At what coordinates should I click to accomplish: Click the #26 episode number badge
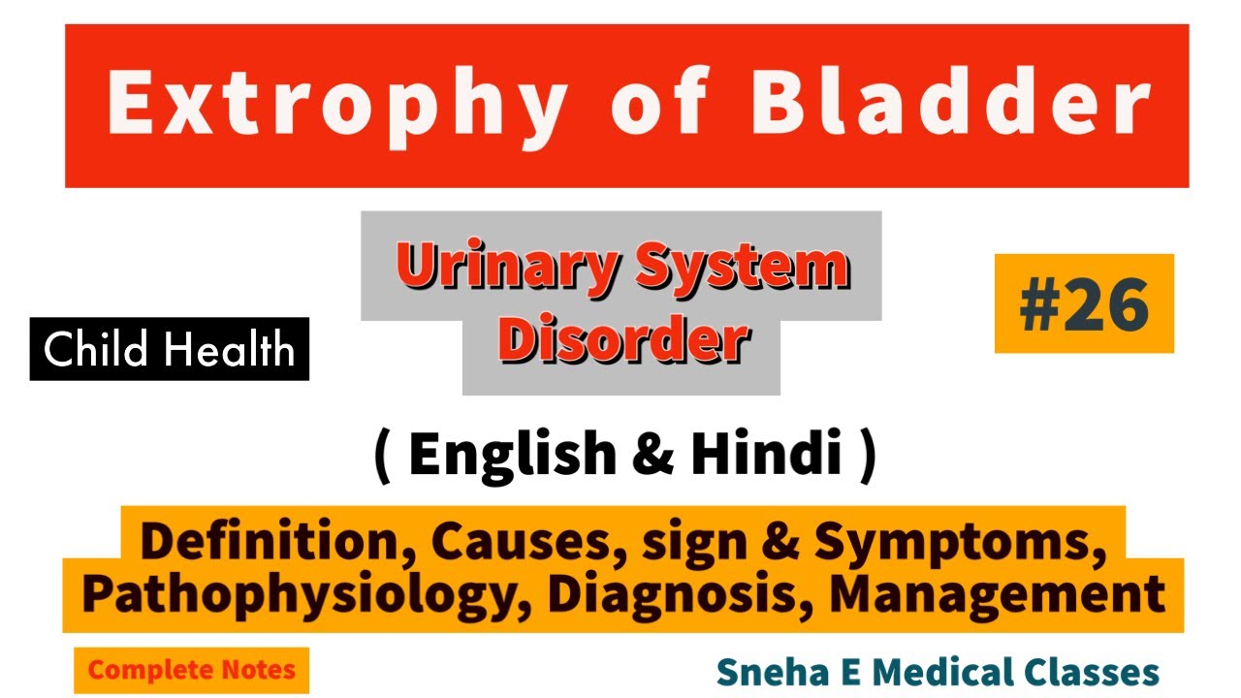(x=1084, y=304)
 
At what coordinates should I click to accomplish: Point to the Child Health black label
(x=170, y=349)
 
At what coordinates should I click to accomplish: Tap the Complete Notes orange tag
(x=191, y=670)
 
